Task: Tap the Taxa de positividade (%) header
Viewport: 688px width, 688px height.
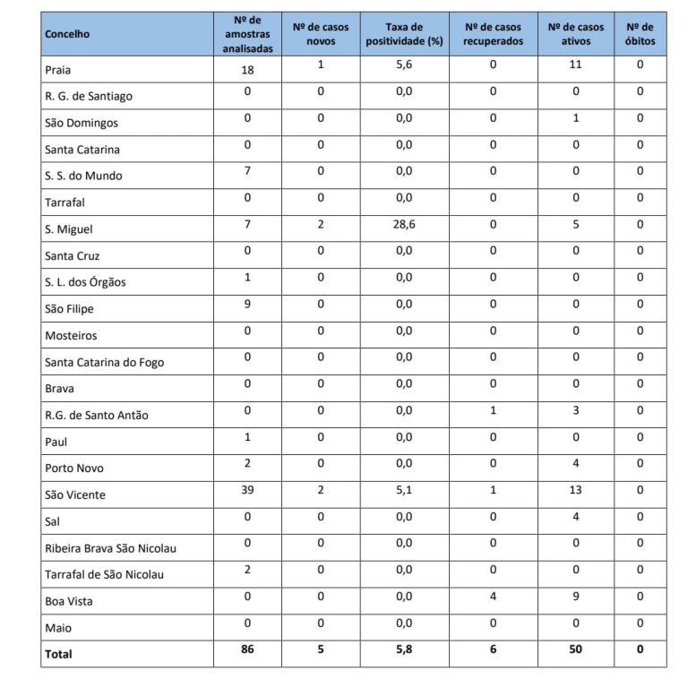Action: pyautogui.click(x=407, y=34)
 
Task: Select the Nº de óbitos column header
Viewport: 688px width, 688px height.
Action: pyautogui.click(x=641, y=34)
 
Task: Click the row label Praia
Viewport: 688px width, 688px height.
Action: pyautogui.click(x=58, y=70)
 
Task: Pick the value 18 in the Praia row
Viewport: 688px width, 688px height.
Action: pyautogui.click(x=247, y=70)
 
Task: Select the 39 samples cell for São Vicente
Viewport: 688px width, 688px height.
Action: pyautogui.click(x=247, y=490)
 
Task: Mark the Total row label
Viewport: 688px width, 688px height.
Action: pyautogui.click(x=58, y=654)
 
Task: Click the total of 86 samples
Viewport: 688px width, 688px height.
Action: pyautogui.click(x=247, y=649)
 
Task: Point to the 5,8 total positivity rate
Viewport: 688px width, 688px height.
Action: pyautogui.click(x=406, y=649)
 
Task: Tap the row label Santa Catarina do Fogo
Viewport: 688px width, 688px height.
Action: pyautogui.click(x=104, y=362)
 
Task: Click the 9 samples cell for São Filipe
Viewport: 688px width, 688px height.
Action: pyautogui.click(x=247, y=304)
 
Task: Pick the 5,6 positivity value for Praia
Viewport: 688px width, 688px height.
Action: pyautogui.click(x=406, y=65)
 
